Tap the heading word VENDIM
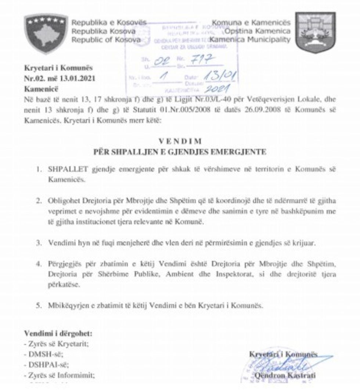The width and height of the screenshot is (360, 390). pos(180,141)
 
